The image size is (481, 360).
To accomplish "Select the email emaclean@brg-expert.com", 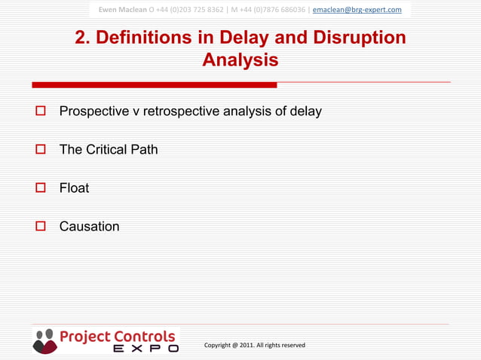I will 357,9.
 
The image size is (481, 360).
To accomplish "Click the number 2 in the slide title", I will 81,38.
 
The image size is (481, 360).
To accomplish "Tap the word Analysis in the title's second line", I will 240,59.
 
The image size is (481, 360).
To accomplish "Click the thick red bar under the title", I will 155,84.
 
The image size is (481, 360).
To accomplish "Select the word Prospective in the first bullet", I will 93,111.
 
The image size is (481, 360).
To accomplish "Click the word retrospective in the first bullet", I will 182,111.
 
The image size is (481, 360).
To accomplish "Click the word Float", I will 74,188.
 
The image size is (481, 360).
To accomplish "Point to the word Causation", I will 89,226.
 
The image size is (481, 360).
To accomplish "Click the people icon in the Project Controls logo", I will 44,340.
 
